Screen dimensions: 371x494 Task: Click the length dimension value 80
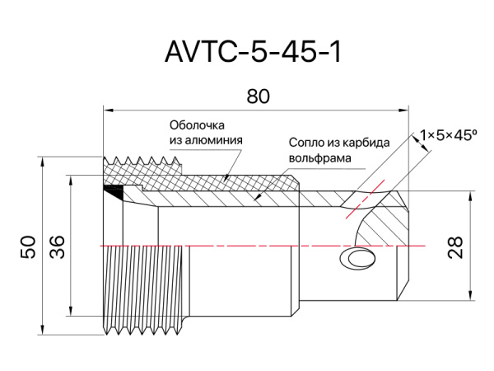coord(258,96)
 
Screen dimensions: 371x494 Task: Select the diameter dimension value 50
coord(28,247)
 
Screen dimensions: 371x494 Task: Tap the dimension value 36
coord(57,247)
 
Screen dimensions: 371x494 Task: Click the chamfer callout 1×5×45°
coord(448,134)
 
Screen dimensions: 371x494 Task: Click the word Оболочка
coord(197,126)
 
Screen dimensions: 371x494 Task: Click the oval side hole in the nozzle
coord(360,259)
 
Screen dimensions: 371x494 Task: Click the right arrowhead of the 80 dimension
coord(406,108)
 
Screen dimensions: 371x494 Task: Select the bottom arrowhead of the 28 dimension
coord(469,298)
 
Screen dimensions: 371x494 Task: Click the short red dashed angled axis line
coord(365,199)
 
